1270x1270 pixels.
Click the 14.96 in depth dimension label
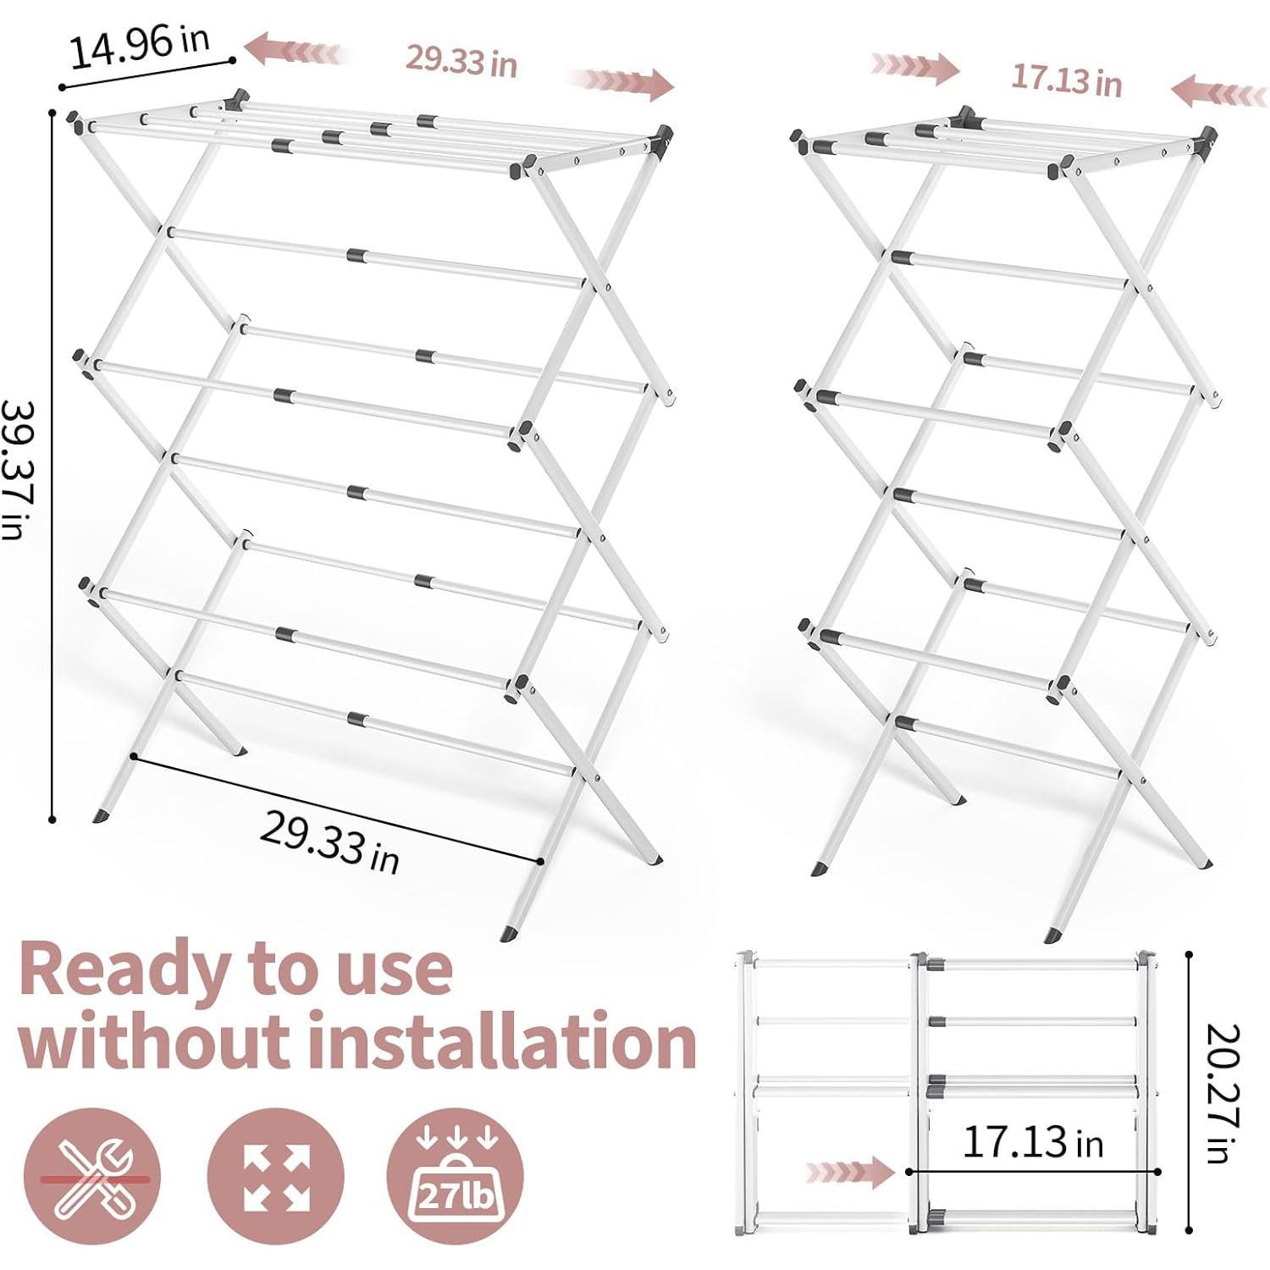point(139,48)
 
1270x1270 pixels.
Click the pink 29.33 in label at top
point(461,61)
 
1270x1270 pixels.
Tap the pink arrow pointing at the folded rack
point(848,1173)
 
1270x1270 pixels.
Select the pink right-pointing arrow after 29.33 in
point(621,81)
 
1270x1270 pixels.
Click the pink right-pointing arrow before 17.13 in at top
point(915,67)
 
